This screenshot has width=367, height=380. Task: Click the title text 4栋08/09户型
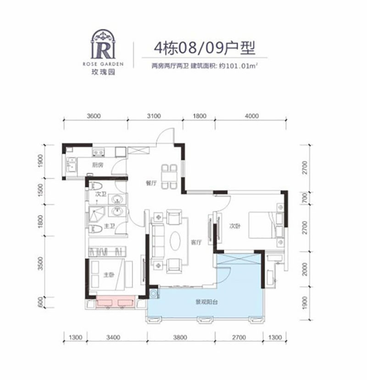click(x=202, y=47)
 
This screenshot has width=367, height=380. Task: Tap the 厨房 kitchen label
click(x=96, y=165)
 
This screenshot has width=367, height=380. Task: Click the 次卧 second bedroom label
click(x=235, y=225)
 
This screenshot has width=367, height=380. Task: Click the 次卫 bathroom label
click(x=100, y=195)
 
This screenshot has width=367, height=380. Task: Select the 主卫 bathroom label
click(x=110, y=225)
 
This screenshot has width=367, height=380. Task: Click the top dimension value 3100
click(x=154, y=116)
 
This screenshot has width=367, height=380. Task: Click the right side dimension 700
click(x=305, y=198)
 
